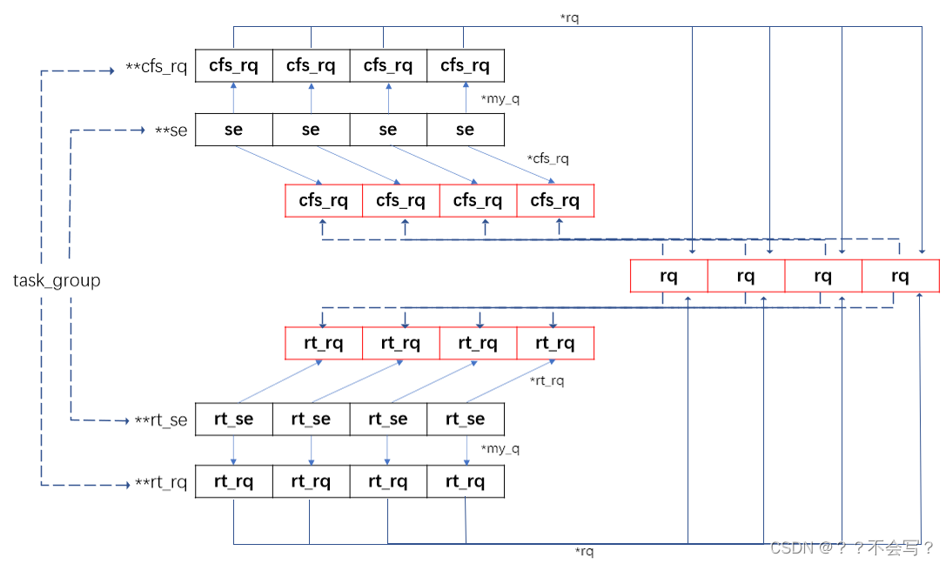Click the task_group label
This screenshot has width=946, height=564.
tap(57, 280)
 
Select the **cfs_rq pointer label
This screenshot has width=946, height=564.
tap(157, 67)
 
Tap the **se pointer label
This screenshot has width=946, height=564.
tap(172, 131)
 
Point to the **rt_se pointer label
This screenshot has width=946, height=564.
tap(161, 420)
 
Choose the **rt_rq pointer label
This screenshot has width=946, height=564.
tap(161, 483)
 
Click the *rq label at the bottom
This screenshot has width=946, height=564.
tap(584, 551)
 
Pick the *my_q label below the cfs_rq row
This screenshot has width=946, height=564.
tap(500, 98)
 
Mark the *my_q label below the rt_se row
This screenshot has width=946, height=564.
tap(500, 449)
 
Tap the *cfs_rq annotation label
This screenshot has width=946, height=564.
tap(548, 158)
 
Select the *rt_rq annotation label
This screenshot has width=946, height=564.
tap(547, 380)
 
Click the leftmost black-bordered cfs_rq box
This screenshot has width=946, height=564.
tap(233, 65)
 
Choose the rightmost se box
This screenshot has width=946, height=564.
tap(465, 130)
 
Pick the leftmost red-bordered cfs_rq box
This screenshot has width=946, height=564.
tap(324, 201)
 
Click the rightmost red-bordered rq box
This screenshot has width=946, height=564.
tap(900, 277)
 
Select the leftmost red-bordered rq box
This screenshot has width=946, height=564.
tap(668, 277)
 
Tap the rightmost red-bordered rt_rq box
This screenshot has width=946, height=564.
tap(555, 343)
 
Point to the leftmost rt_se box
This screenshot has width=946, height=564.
tap(233, 419)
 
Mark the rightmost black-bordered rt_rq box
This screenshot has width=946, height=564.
tap(465, 481)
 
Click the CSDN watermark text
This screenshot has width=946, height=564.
tap(852, 547)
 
